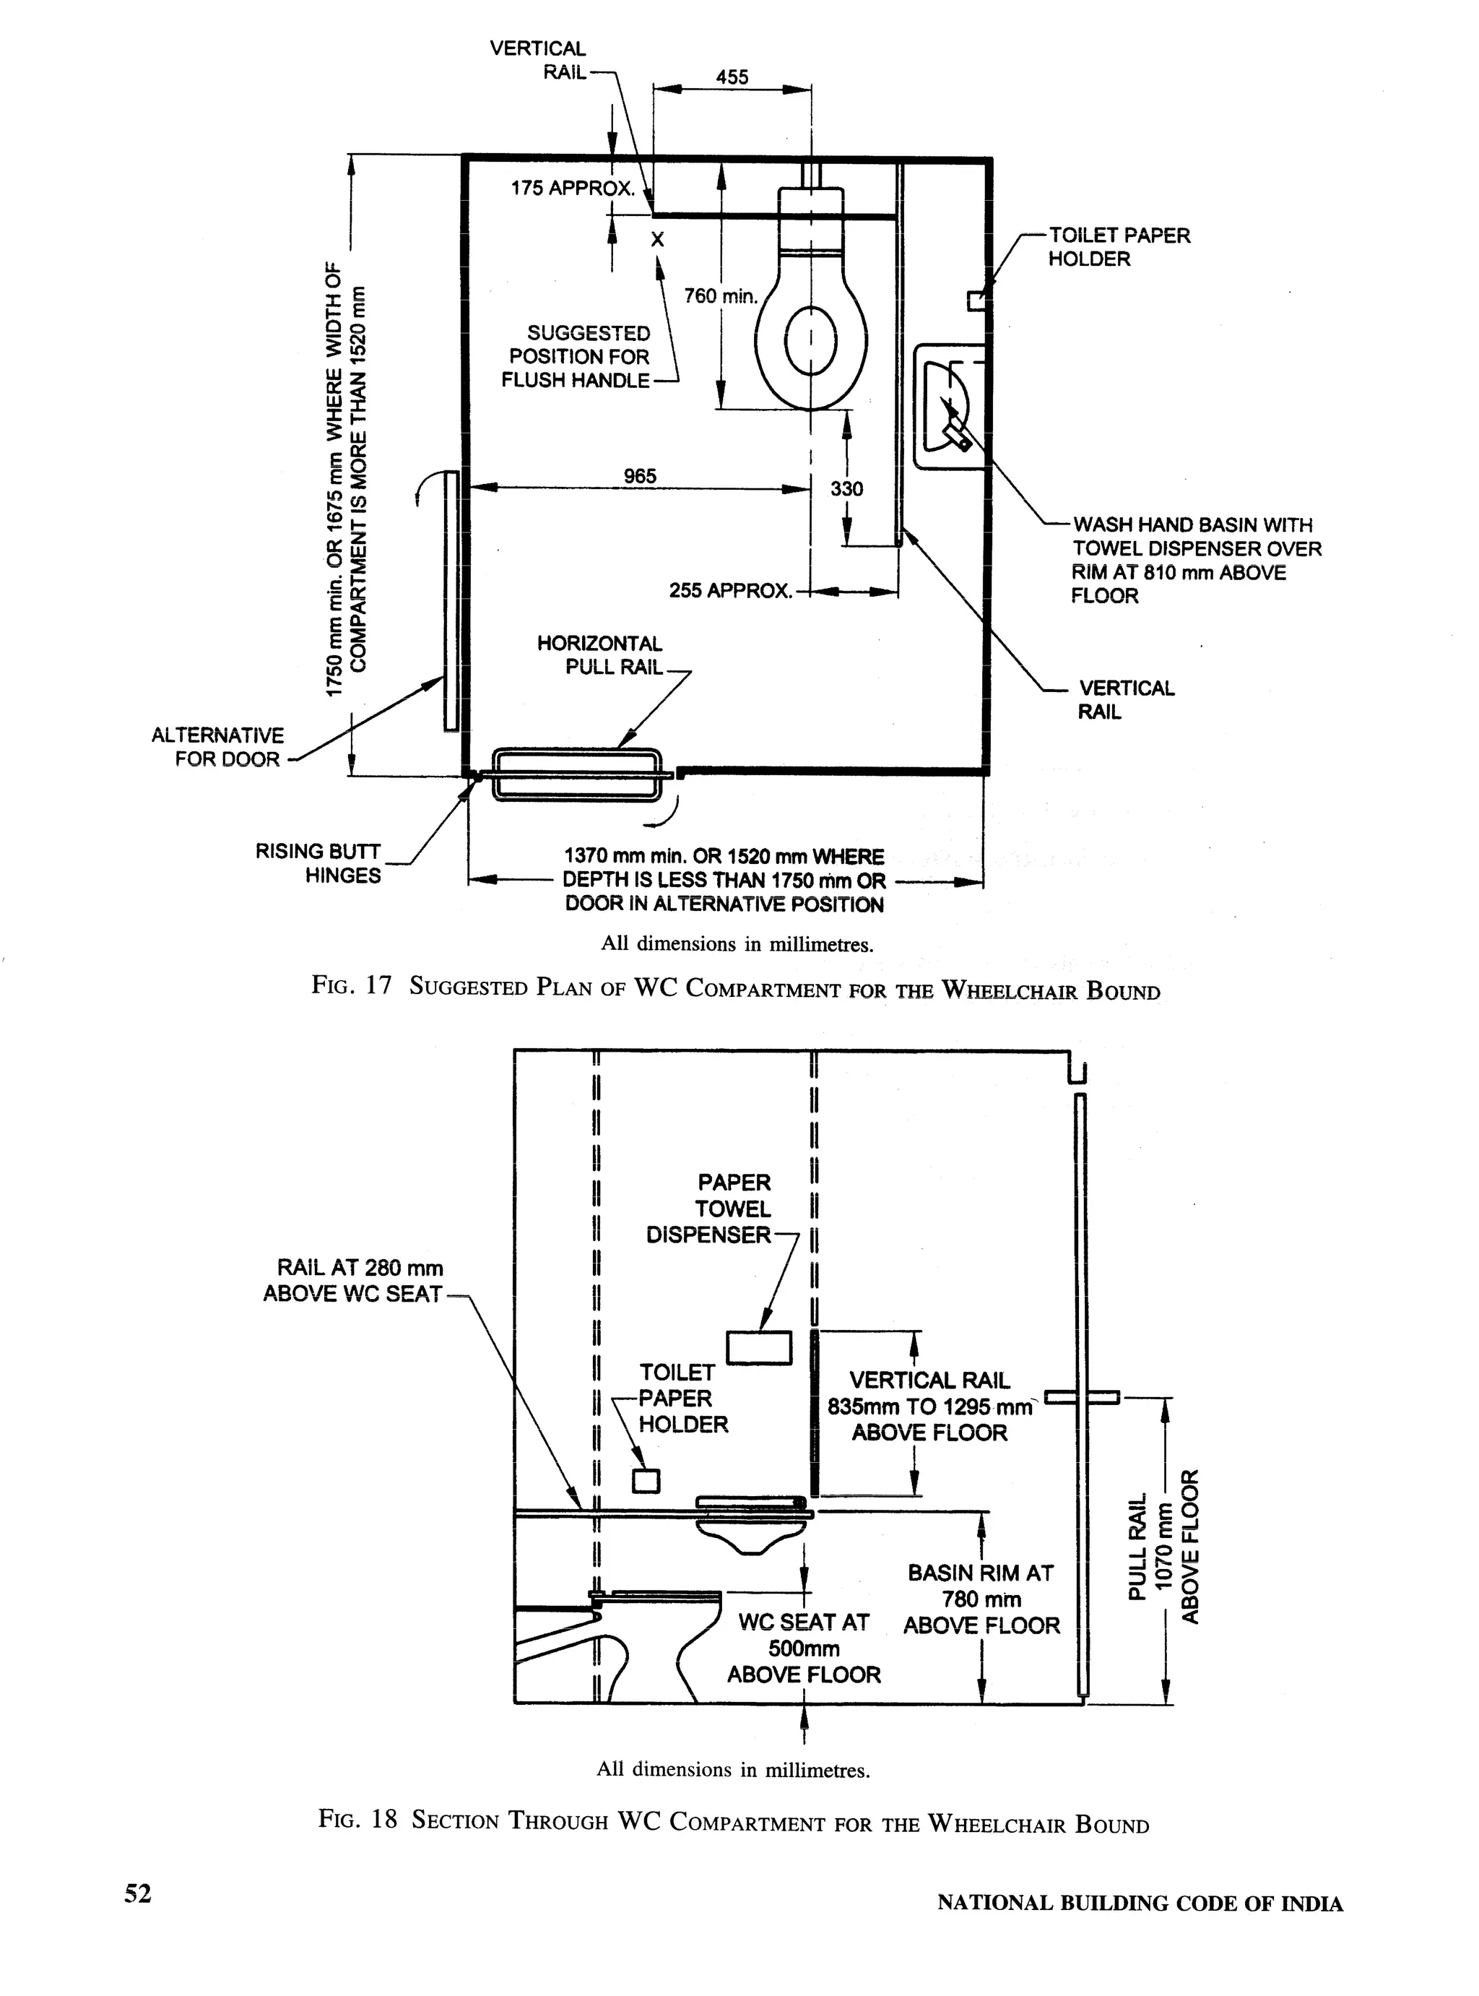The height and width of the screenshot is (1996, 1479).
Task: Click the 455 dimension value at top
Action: click(x=732, y=77)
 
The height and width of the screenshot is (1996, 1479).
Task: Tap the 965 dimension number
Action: click(x=639, y=476)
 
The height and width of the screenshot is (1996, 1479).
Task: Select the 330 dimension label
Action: click(x=846, y=489)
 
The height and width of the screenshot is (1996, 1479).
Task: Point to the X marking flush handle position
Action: click(x=657, y=240)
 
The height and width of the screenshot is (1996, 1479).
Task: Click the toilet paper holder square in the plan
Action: click(x=975, y=301)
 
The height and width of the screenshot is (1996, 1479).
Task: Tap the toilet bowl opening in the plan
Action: click(x=810, y=340)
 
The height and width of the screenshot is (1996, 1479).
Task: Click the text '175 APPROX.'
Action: click(x=572, y=189)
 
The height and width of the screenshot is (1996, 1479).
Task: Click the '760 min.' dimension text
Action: click(x=720, y=296)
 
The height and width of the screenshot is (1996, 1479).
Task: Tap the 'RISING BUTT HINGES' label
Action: click(x=318, y=863)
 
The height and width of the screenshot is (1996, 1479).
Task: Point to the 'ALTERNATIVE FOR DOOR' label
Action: click(x=217, y=747)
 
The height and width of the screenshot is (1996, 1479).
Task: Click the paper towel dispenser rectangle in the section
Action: click(x=758, y=1348)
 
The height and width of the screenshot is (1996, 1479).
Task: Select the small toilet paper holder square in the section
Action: click(x=646, y=1480)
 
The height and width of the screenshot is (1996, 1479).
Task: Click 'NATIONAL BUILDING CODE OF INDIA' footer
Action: click(x=1140, y=1903)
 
